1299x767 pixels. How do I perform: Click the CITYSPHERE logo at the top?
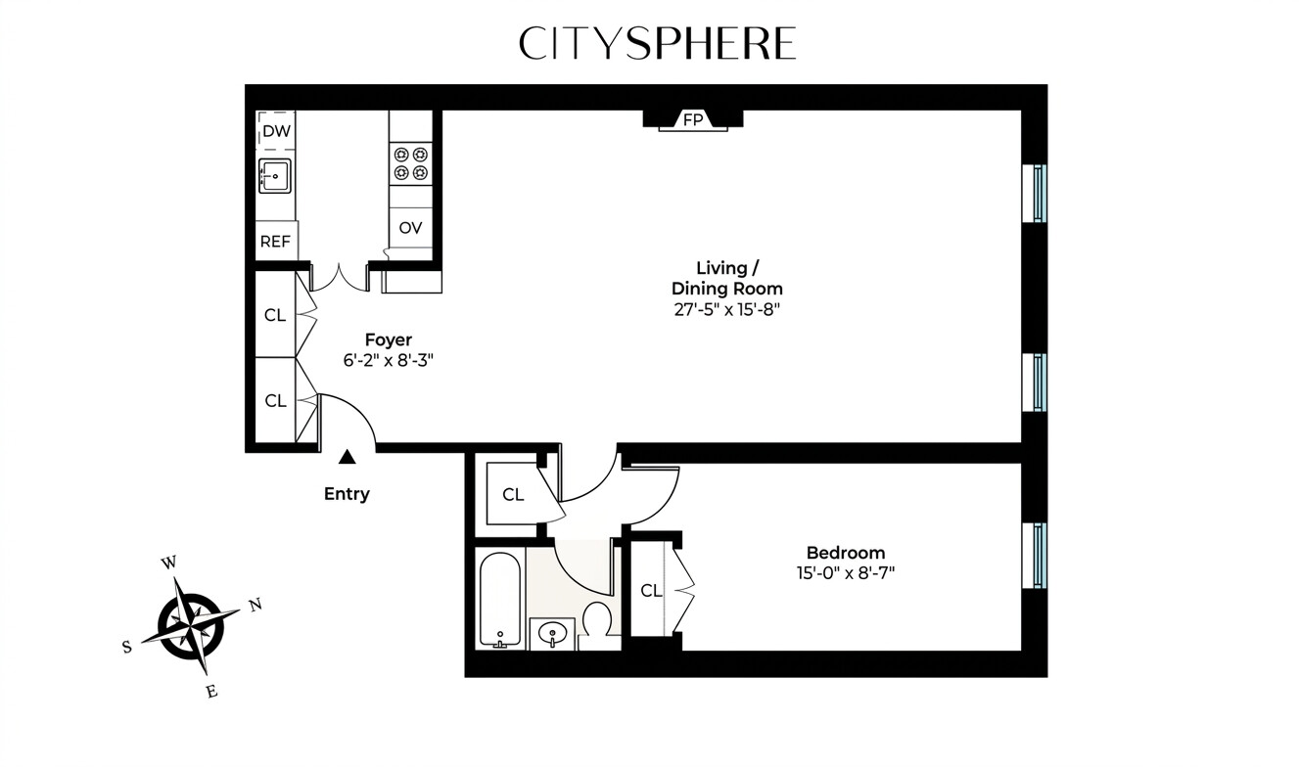(x=657, y=43)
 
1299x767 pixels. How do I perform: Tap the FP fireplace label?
(x=693, y=120)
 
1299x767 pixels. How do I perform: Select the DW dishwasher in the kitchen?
(x=276, y=130)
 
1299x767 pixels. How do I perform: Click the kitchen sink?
(x=275, y=176)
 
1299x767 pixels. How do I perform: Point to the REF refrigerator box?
(x=275, y=241)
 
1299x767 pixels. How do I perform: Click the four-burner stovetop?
(x=411, y=163)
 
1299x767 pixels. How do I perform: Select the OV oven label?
(x=410, y=228)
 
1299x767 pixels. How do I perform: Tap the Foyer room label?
(x=389, y=339)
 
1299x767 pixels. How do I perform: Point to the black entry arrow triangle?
(x=347, y=456)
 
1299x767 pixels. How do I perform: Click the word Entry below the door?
(x=347, y=494)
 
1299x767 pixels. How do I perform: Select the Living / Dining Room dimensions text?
(x=725, y=309)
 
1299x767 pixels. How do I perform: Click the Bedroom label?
(x=845, y=553)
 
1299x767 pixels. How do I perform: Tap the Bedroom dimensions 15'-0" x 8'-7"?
(x=845, y=573)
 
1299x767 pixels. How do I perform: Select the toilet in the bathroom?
(x=596, y=621)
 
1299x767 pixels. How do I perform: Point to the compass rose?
(x=192, y=622)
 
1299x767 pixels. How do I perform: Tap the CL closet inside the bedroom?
(x=651, y=590)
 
